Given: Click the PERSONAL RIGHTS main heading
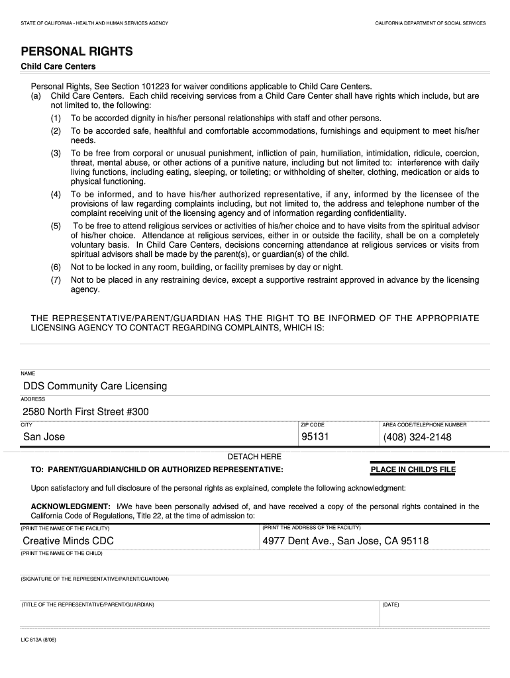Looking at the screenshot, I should (x=77, y=52).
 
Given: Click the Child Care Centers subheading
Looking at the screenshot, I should (x=58, y=67).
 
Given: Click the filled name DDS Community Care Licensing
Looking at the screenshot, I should (x=95, y=386).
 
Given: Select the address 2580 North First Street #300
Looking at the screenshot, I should (x=86, y=412).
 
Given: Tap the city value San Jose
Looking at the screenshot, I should (x=44, y=437).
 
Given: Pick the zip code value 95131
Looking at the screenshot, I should (x=315, y=437).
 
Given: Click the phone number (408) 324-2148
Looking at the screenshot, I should (x=417, y=437).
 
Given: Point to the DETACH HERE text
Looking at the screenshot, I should (x=254, y=457).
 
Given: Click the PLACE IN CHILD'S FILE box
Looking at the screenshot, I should (x=413, y=470).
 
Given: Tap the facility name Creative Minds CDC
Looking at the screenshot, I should (x=68, y=541).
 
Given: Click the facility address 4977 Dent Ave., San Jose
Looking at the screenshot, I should (x=345, y=541).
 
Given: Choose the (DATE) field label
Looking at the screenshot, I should (x=391, y=605).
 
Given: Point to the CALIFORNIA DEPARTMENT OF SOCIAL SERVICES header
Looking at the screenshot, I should (x=430, y=23).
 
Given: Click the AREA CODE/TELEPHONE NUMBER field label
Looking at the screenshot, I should (x=424, y=424).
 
